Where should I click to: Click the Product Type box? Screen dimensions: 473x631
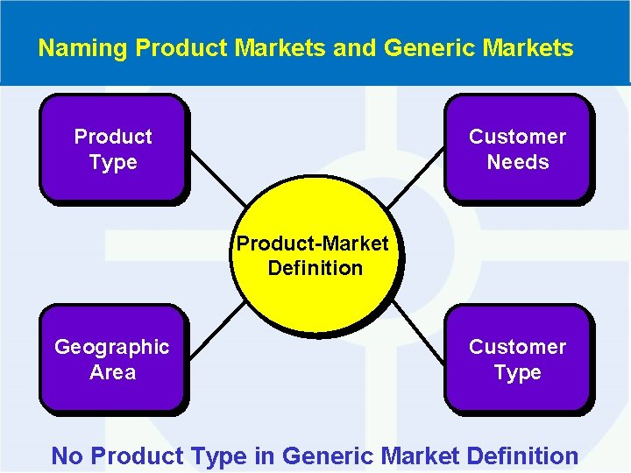click(x=113, y=149)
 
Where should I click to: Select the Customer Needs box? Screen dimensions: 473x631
click(x=517, y=149)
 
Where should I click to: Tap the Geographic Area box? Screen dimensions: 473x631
click(x=112, y=359)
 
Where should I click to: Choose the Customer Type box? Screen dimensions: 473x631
click(x=517, y=359)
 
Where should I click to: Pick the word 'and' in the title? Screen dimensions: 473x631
click(x=351, y=47)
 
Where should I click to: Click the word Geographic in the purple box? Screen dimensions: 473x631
click(x=112, y=347)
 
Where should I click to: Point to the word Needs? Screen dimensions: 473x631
click(x=518, y=162)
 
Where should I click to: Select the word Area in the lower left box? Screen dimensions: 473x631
click(x=113, y=372)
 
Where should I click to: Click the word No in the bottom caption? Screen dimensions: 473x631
click(x=67, y=456)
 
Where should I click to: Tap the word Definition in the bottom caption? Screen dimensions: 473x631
click(x=523, y=456)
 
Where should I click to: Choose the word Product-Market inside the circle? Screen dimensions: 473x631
click(x=312, y=243)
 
